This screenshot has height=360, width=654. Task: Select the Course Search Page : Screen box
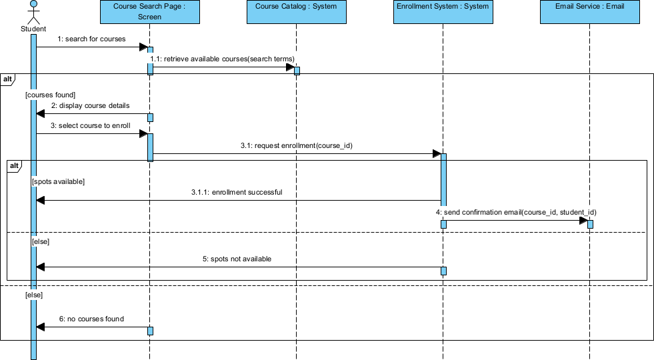pyautogui.click(x=149, y=12)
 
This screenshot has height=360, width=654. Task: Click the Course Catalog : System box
pyautogui.click(x=296, y=12)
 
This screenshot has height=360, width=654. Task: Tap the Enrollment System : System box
pyautogui.click(x=443, y=12)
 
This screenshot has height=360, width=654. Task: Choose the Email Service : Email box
pyautogui.click(x=589, y=12)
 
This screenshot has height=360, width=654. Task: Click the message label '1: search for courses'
pyautogui.click(x=91, y=39)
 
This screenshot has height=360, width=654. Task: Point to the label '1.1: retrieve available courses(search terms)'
pyautogui.click(x=223, y=59)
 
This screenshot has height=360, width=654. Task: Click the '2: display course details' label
pyautogui.click(x=91, y=106)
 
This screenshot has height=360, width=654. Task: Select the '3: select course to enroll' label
pyautogui.click(x=90, y=125)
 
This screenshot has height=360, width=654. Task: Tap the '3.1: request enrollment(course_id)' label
pyautogui.click(x=295, y=145)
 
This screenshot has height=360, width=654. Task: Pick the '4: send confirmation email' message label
pyautogui.click(x=516, y=213)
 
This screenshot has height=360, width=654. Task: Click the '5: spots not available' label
pyautogui.click(x=237, y=259)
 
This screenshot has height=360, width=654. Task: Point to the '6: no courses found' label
pyautogui.click(x=91, y=319)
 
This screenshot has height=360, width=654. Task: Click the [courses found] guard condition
pyautogui.click(x=51, y=95)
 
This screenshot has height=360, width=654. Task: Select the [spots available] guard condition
pyautogui.click(x=57, y=181)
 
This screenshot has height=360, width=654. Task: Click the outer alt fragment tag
pyautogui.click(x=7, y=79)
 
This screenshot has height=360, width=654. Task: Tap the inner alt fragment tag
pyautogui.click(x=14, y=166)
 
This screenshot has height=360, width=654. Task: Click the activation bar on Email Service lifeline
pyautogui.click(x=590, y=223)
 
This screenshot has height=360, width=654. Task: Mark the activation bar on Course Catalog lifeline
pyautogui.click(x=297, y=71)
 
